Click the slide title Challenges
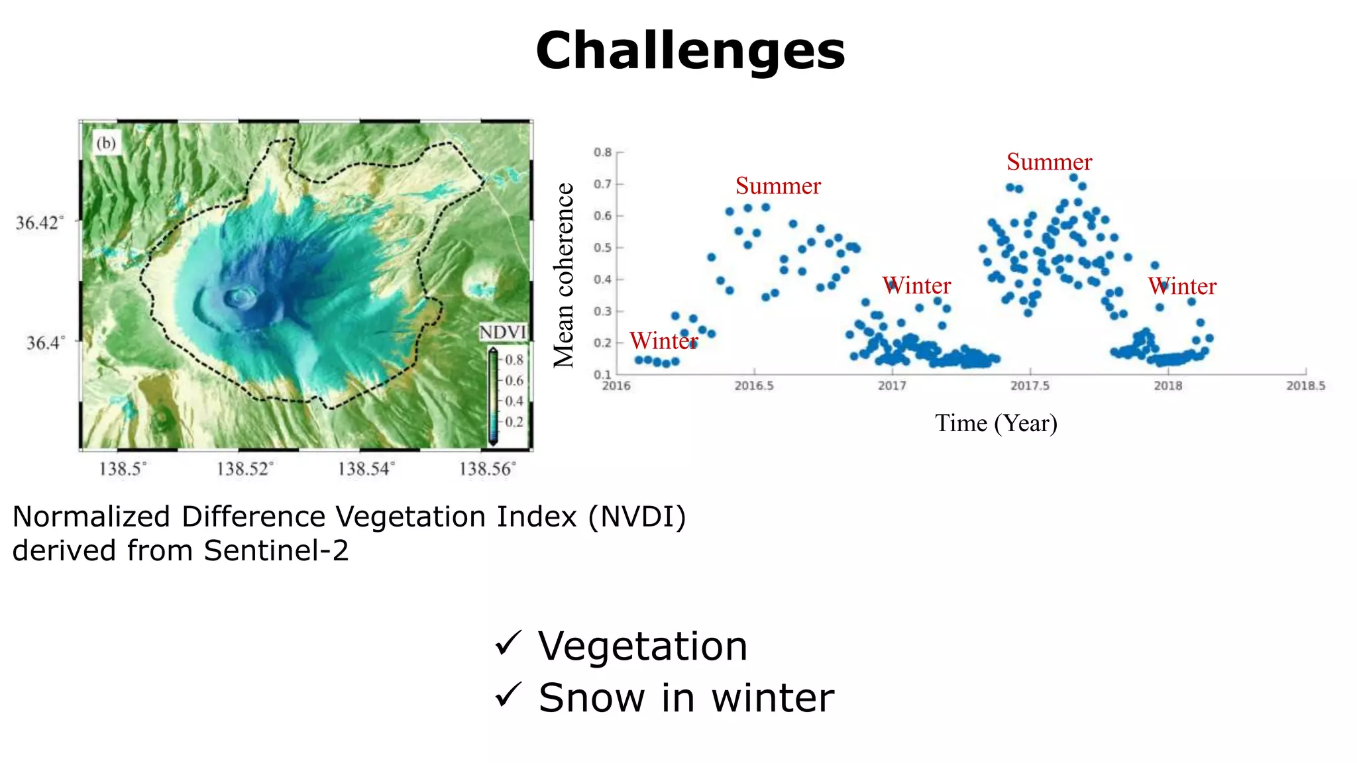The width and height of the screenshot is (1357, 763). pyautogui.click(x=690, y=51)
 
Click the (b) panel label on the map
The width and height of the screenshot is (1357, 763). pyautogui.click(x=106, y=143)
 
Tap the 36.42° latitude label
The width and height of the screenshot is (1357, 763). pyautogui.click(x=40, y=223)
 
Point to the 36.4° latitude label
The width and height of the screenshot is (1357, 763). pyautogui.click(x=46, y=342)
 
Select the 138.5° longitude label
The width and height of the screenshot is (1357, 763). pyautogui.click(x=123, y=469)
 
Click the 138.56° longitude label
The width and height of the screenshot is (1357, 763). pyautogui.click(x=487, y=469)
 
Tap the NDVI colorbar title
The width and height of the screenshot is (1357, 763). pyautogui.click(x=502, y=332)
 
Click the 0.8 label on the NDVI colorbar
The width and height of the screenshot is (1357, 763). pyautogui.click(x=514, y=360)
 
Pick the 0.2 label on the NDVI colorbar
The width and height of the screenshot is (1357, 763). pyautogui.click(x=514, y=422)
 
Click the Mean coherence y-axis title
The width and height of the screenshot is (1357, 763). pyautogui.click(x=564, y=275)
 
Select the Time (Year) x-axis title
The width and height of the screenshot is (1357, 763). pyautogui.click(x=995, y=423)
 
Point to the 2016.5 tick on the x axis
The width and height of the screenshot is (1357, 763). pyautogui.click(x=753, y=385)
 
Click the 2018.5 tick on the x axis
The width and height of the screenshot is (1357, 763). pyautogui.click(x=1305, y=385)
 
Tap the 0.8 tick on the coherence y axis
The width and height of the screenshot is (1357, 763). pyautogui.click(x=602, y=152)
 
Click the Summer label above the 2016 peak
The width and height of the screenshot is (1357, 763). pyautogui.click(x=778, y=186)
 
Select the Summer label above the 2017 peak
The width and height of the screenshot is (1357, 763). pyautogui.click(x=1049, y=162)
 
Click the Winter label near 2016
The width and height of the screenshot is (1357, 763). pyautogui.click(x=663, y=341)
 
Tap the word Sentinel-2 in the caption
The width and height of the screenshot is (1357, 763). pyautogui.click(x=276, y=551)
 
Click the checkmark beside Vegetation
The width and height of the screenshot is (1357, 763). pyautogui.click(x=508, y=644)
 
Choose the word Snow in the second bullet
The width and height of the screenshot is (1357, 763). pyautogui.click(x=591, y=698)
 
